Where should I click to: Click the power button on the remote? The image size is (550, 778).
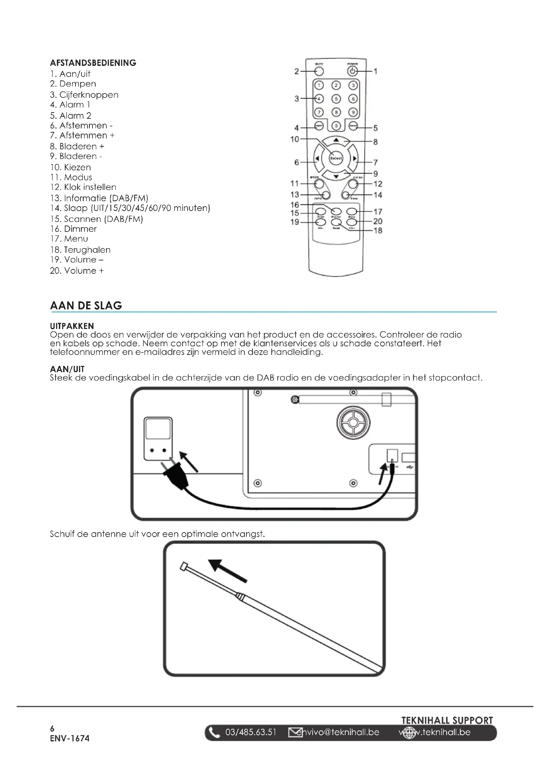coord(352,71)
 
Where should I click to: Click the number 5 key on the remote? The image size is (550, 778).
coord(336,98)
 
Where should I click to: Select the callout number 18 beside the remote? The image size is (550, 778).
coord(378,231)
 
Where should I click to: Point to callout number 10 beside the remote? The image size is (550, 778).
coord(295,139)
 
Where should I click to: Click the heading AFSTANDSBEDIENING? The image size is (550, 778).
coord(93,63)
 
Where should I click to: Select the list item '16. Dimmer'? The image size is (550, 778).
coord(73,229)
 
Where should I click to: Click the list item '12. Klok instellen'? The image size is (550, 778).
coord(83,187)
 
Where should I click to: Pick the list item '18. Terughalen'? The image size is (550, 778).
coord(80,250)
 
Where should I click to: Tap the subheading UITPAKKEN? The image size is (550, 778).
coord(72,326)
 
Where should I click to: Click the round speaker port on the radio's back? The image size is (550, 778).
coord(353,422)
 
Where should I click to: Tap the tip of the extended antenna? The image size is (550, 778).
coord(184,566)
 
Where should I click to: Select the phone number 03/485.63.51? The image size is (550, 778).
coord(251,732)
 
